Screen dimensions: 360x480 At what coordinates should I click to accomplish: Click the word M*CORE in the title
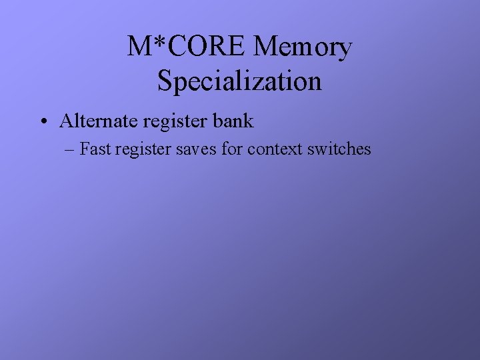(187, 47)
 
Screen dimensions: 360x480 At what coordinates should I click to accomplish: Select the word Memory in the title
(303, 47)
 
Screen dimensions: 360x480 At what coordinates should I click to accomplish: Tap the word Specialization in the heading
(240, 81)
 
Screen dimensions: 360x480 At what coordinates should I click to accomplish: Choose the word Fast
(95, 149)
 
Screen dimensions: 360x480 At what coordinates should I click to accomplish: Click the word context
(275, 149)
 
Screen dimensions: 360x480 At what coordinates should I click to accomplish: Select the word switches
(339, 149)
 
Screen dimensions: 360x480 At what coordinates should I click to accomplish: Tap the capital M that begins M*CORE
(139, 47)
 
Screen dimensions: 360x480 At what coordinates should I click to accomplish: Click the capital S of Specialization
(165, 81)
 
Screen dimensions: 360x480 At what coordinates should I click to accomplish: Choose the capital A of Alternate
(66, 121)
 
